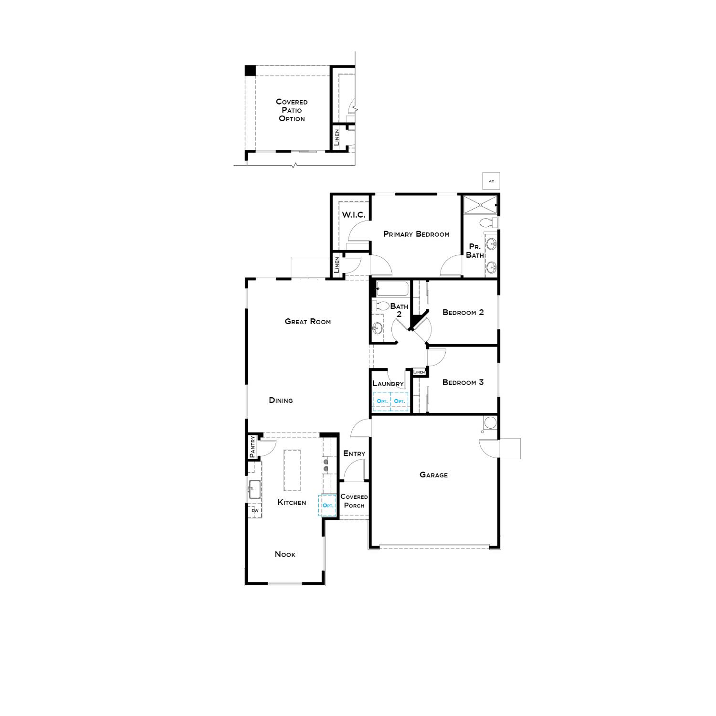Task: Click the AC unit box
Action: click(491, 181)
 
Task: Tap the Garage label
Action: click(433, 475)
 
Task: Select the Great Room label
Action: click(307, 322)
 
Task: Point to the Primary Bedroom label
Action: click(416, 234)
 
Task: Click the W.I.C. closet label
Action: click(353, 215)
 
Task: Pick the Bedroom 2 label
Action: click(463, 313)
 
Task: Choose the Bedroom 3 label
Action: click(463, 382)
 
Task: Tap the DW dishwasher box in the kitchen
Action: click(255, 511)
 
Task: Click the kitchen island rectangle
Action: click(293, 470)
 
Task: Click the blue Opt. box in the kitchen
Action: click(327, 505)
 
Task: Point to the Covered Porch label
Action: click(354, 501)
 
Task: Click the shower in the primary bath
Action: click(480, 205)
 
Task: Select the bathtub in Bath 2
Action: click(392, 289)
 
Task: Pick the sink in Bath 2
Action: click(378, 328)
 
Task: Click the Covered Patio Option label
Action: click(292, 110)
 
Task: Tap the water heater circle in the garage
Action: click(490, 423)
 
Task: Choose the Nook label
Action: click(285, 555)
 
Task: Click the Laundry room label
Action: click(388, 384)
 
